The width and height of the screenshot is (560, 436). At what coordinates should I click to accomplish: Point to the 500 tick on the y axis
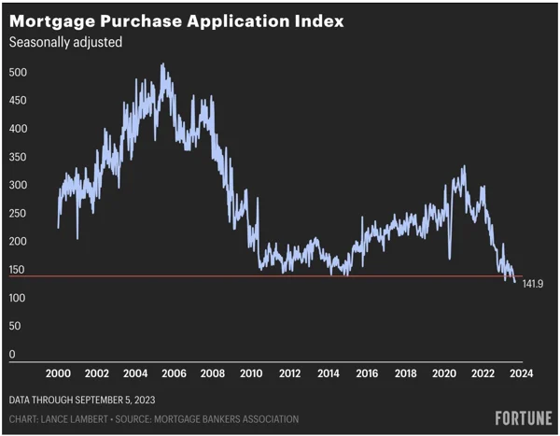[18, 73]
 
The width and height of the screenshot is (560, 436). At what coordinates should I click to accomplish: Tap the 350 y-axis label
[18, 157]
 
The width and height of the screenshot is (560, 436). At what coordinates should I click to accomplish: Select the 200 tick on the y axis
[18, 242]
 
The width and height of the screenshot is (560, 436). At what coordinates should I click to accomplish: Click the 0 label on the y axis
[12, 355]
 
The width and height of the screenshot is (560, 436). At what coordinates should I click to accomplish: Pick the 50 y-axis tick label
[15, 327]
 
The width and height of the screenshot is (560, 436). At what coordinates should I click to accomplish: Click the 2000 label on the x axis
[58, 373]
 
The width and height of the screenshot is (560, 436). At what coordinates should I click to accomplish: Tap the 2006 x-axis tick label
[174, 373]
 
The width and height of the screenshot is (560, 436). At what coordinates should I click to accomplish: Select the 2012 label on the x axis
[288, 373]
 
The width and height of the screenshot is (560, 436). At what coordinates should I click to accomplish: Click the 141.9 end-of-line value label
[532, 283]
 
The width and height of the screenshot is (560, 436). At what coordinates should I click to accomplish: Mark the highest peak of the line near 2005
[162, 64]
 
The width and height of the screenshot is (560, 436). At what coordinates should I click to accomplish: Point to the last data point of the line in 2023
[514, 280]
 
